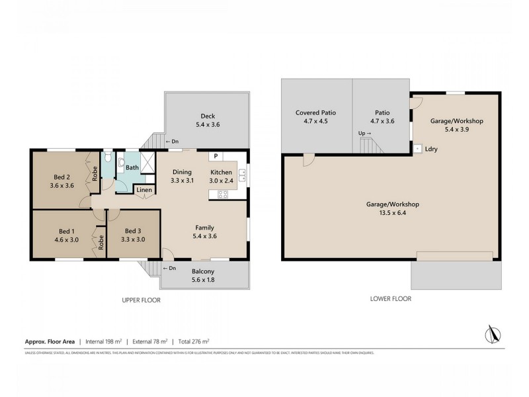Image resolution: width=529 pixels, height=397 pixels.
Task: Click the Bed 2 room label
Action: click(62, 177)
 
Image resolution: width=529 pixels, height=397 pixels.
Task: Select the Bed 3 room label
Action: click(134, 231)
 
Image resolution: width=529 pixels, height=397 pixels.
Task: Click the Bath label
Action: click(132, 167)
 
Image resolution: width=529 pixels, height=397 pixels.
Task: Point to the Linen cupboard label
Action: click(145, 191)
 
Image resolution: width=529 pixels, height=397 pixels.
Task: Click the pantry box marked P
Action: click(216, 157)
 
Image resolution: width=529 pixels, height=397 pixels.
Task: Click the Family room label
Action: click(204, 227)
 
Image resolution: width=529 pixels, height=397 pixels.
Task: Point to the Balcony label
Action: click(202, 271)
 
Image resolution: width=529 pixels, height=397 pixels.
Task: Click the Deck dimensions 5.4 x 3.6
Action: click(207, 124)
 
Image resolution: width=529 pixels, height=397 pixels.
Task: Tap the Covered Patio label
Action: click(315, 112)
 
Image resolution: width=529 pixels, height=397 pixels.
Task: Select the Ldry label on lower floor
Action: click(431, 149)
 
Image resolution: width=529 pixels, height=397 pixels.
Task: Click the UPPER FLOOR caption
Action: click(141, 300)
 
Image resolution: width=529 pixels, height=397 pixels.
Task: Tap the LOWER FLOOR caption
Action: click(391, 298)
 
